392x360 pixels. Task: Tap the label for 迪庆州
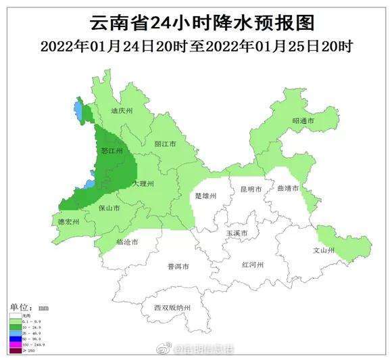[122, 110]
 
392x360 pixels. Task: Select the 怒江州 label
[111, 152]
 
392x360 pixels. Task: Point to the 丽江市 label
[165, 144]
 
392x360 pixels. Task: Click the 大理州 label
[143, 183]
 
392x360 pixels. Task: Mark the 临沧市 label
[127, 242]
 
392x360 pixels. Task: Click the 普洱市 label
[178, 266]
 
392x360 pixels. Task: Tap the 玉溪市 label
[237, 233]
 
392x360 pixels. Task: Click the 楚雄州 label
[205, 196]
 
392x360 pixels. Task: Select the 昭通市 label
[303, 120]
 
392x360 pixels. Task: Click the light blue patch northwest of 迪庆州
[78, 111]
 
